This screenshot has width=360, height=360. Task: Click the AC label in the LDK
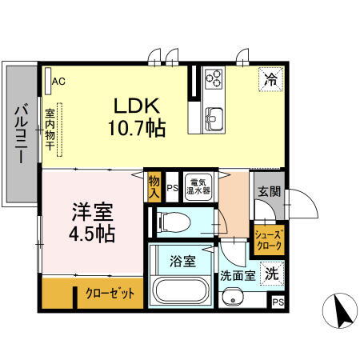[58, 81]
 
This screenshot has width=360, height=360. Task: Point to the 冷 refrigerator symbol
[270, 80]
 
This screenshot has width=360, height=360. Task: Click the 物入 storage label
[154, 187]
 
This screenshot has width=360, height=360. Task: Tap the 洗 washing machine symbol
[273, 272]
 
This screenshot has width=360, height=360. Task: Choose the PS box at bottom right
[278, 302]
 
